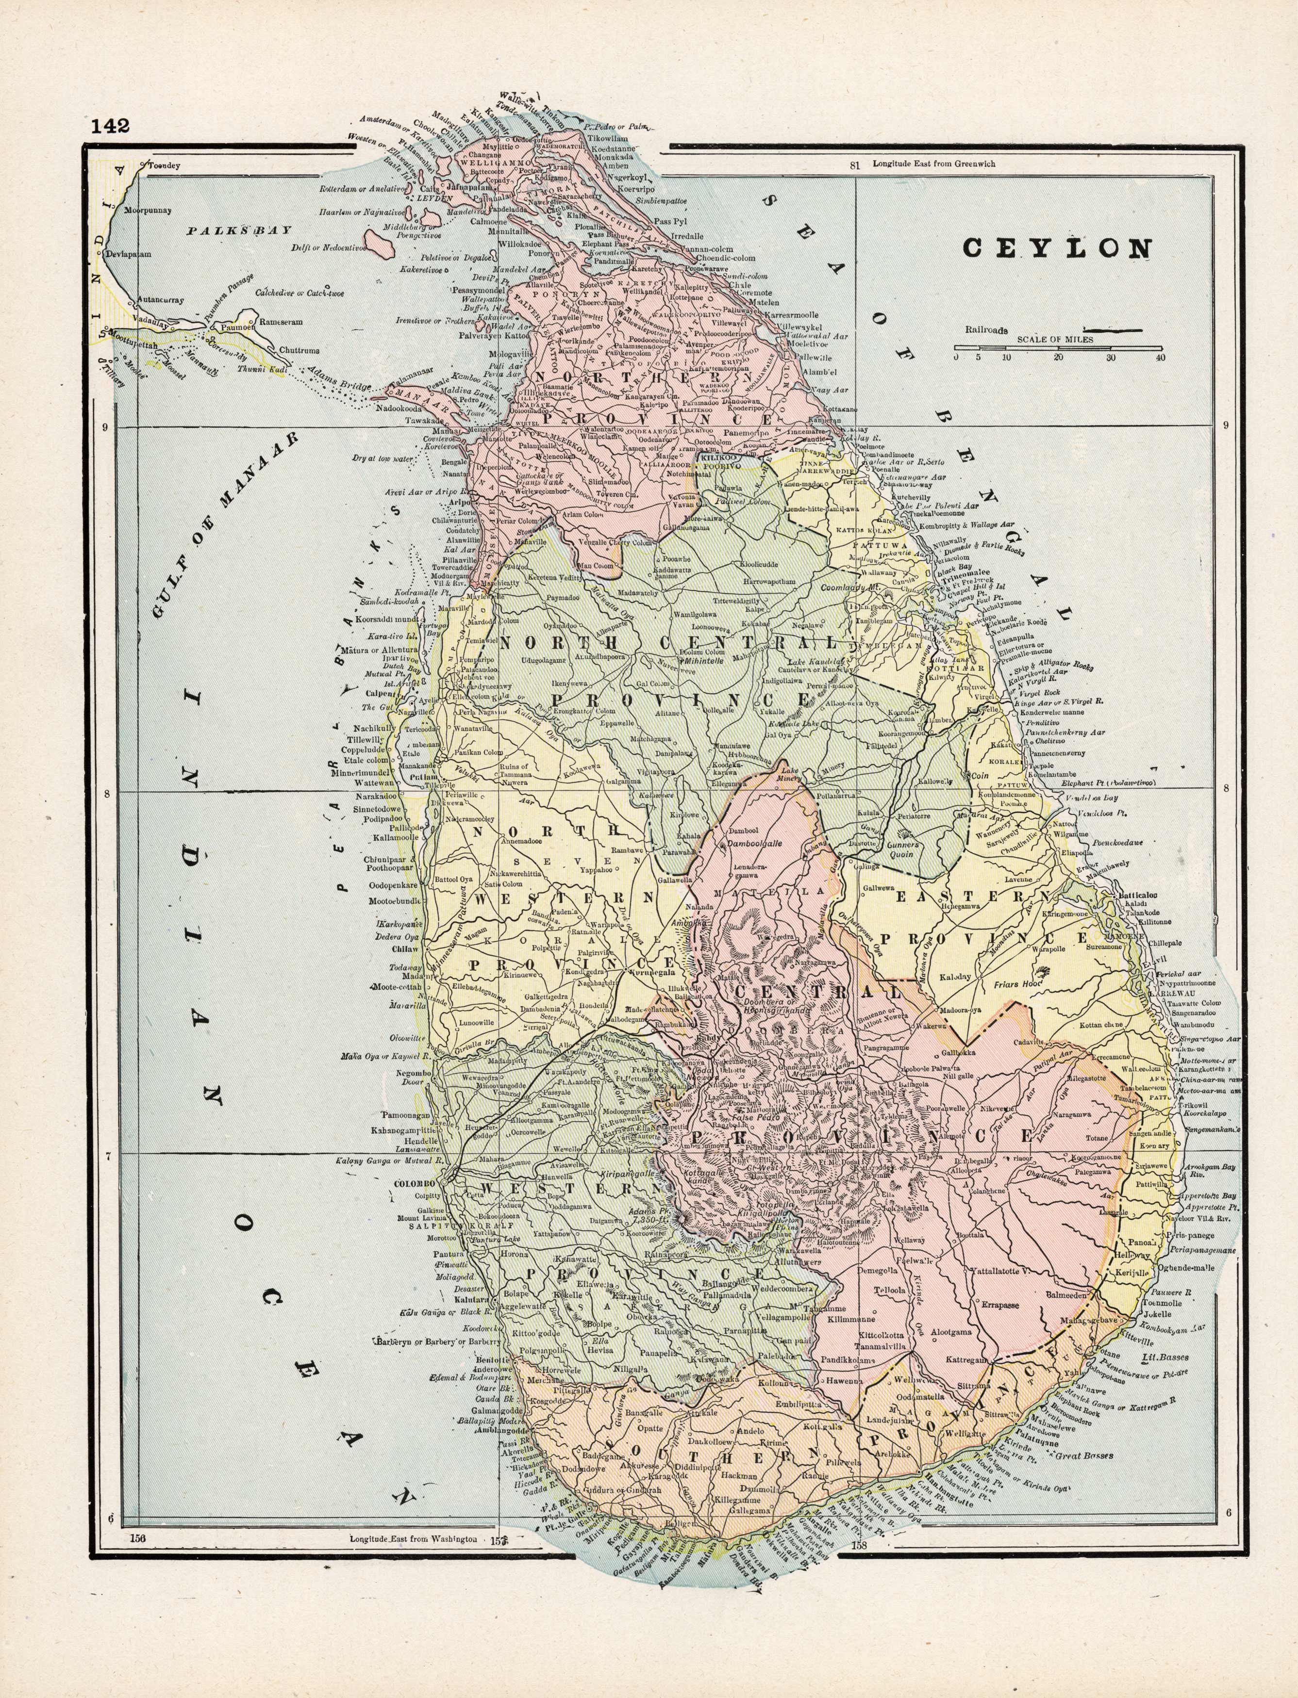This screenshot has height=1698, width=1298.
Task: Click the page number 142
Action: click(109, 126)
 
